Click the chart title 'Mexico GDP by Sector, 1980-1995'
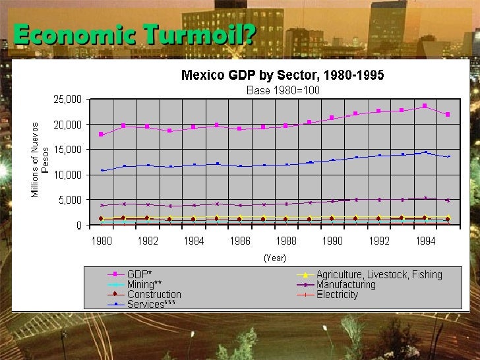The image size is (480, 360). (x=282, y=75)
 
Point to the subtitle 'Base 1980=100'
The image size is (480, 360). (x=283, y=90)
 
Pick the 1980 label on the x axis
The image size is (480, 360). (x=102, y=241)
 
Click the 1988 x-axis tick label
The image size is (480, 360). (x=286, y=241)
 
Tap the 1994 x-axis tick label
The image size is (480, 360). (x=425, y=241)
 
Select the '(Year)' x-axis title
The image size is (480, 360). (x=274, y=258)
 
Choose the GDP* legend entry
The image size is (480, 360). (x=139, y=274)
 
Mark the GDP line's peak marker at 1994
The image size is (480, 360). (x=425, y=105)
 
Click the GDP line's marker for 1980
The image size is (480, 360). (x=102, y=135)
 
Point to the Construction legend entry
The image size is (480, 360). (x=154, y=295)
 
